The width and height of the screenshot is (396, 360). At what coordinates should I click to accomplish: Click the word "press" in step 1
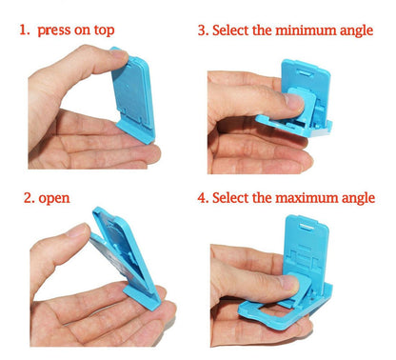56,30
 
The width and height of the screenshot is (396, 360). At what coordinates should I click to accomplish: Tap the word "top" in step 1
102,30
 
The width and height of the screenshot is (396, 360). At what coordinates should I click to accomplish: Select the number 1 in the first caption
23,30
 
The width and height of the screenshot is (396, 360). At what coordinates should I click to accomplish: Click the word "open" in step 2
56,199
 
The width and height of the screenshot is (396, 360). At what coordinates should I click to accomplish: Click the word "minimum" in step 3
297,30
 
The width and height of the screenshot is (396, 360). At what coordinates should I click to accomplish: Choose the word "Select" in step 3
234,30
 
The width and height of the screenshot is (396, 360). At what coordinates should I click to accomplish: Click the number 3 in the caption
202,30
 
